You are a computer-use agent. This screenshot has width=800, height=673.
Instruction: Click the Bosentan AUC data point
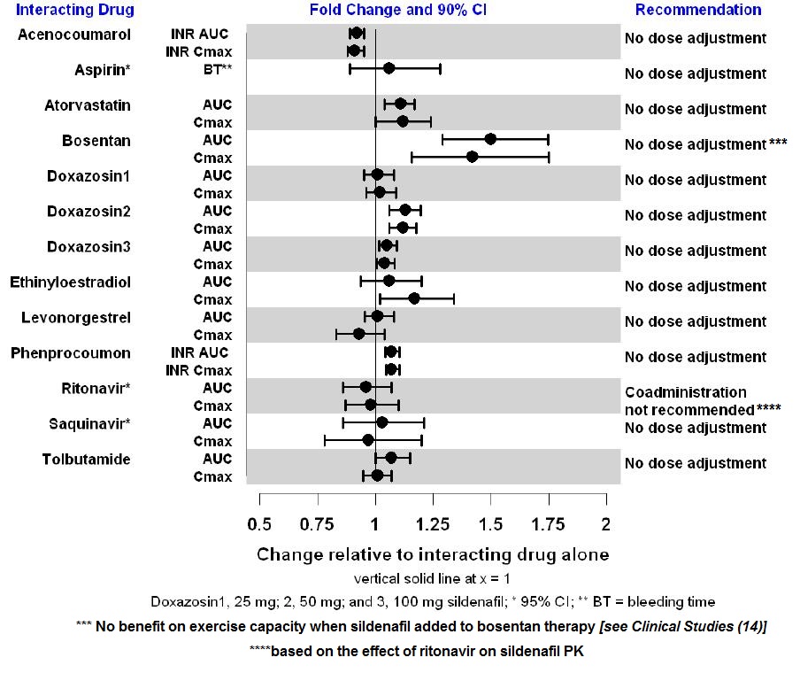click(x=490, y=139)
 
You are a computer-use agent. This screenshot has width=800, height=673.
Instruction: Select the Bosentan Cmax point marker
click(x=472, y=157)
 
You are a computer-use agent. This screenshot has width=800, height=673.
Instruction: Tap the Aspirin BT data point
click(x=388, y=67)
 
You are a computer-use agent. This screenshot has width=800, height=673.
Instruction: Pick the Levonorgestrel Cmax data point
click(x=358, y=334)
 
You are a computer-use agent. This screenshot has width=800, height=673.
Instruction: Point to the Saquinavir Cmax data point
click(x=368, y=440)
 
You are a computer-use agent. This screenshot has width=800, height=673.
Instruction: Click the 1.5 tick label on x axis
click(x=490, y=524)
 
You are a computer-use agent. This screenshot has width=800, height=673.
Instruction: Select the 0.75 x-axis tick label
click(x=318, y=524)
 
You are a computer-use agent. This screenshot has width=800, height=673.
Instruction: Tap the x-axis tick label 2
click(x=606, y=524)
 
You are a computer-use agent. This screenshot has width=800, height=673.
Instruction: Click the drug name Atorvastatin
click(x=88, y=105)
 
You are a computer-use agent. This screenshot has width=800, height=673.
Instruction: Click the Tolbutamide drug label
click(x=86, y=460)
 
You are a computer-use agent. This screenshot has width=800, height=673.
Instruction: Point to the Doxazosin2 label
click(x=88, y=212)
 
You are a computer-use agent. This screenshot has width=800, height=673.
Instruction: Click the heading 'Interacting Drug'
click(x=75, y=11)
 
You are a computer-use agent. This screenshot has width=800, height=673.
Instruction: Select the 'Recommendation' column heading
click(x=698, y=11)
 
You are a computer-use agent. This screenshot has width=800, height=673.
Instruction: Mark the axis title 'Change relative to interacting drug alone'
click(x=433, y=554)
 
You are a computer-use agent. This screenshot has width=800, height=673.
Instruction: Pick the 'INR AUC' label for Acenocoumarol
click(x=199, y=34)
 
